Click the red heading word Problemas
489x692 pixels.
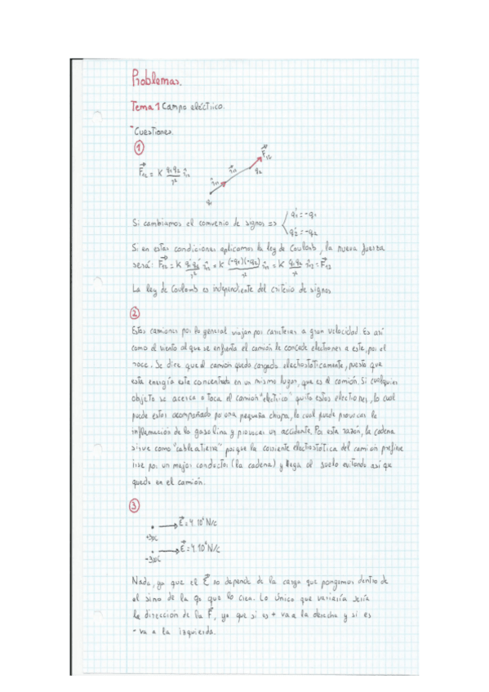(156, 80)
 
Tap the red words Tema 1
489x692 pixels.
(146, 107)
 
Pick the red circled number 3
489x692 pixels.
(136, 505)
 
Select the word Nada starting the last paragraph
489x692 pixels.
(141, 580)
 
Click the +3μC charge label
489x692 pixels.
(151, 538)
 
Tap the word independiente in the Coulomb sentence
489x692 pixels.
(245, 286)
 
